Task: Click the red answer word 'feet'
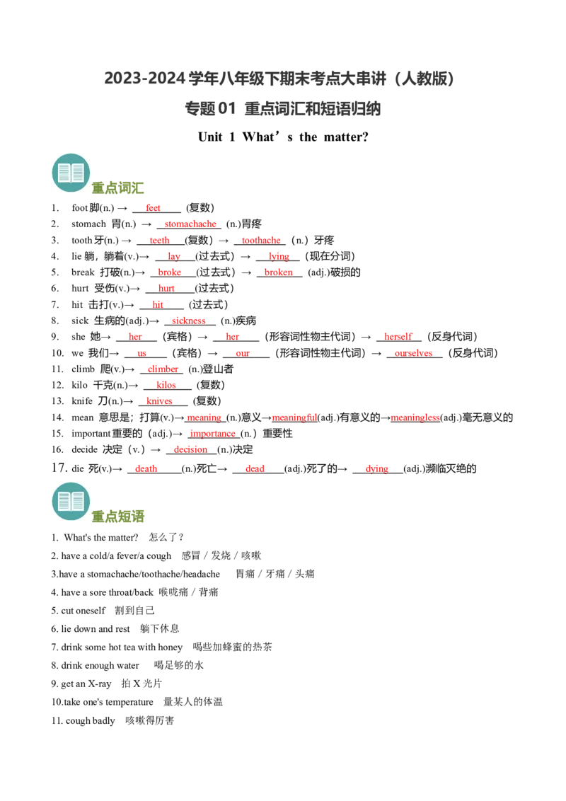153,208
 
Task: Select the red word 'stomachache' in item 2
190,224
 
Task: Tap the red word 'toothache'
261,240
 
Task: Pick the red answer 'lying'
279,256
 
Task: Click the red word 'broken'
279,272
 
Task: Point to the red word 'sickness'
188,321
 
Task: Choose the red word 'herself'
398,337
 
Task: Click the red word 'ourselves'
413,353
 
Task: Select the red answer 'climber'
163,369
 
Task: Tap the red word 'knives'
159,401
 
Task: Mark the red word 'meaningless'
415,417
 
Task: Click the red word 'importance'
212,434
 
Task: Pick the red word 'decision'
190,449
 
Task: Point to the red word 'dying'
377,469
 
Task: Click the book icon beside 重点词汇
71,173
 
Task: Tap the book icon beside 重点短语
71,501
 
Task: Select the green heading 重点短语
118,517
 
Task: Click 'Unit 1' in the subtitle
216,137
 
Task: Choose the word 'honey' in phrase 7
170,647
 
